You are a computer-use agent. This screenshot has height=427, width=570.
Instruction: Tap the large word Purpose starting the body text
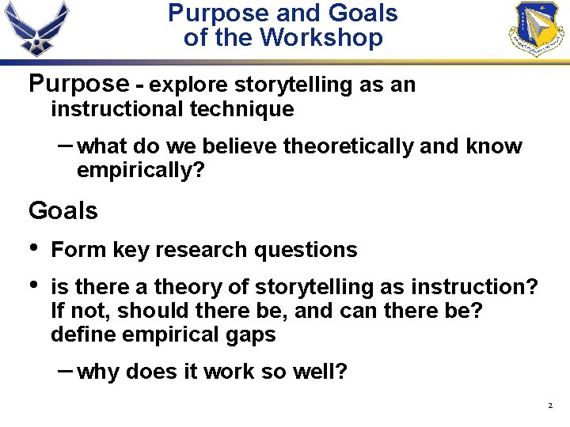pos(78,83)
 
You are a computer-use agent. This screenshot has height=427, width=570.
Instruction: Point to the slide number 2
pos(549,406)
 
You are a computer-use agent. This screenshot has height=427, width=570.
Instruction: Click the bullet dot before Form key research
pos(32,248)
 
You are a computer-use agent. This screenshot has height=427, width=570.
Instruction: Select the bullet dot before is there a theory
pos(32,285)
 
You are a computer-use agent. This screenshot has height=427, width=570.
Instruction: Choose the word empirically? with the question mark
pos(140,170)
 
